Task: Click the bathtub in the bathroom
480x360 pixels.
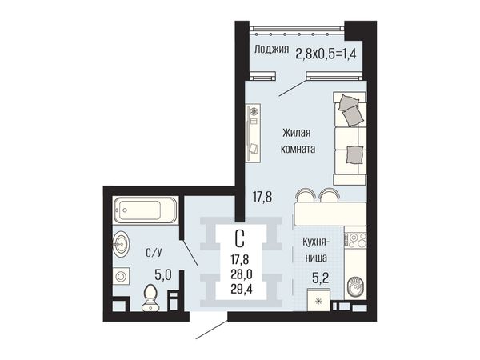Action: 145,210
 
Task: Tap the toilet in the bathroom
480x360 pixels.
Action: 150,298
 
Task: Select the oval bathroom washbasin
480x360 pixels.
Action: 122,244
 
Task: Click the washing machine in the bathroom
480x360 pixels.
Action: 122,277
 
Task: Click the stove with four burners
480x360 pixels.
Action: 355,240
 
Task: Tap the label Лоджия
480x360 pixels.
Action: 272,50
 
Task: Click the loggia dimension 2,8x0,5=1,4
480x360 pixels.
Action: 326,54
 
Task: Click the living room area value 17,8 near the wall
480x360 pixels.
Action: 262,197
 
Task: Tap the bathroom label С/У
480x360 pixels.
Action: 154,253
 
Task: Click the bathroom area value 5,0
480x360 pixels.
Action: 163,275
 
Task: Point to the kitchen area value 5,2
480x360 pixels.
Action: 321,278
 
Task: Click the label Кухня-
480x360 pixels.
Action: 316,242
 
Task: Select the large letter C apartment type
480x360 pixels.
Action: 240,238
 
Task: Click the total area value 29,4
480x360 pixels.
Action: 242,289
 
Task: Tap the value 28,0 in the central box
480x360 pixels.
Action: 242,274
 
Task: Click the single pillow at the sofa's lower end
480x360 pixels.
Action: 354,154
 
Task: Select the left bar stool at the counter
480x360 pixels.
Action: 306,195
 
